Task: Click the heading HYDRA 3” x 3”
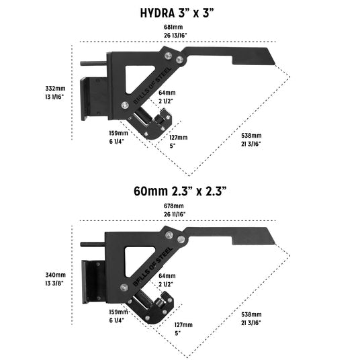tap(180, 12)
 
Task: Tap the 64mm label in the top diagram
tap(167, 92)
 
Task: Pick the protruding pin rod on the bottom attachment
tap(91, 244)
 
